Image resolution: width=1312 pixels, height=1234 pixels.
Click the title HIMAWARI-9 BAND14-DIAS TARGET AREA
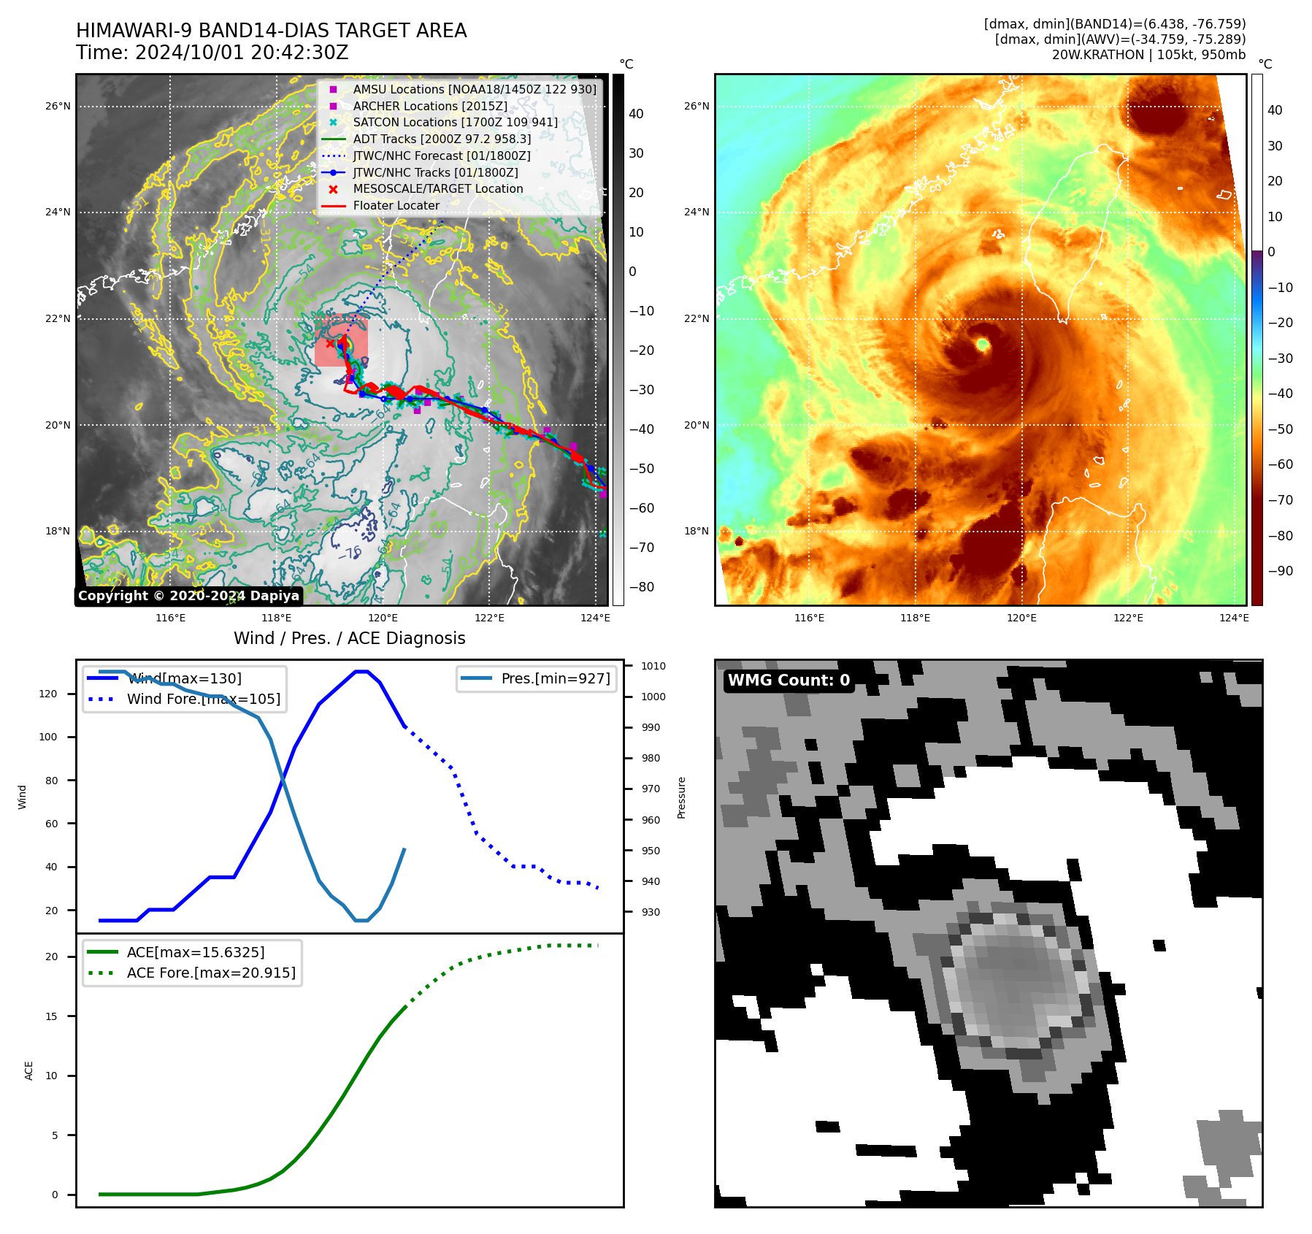(271, 31)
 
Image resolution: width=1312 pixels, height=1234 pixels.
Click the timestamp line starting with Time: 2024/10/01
(212, 53)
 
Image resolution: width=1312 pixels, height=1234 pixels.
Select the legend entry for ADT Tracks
(442, 139)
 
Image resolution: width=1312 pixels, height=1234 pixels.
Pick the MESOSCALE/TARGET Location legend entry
(437, 188)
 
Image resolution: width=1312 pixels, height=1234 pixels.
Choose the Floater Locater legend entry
(396, 205)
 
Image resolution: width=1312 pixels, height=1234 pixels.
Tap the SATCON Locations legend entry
(455, 122)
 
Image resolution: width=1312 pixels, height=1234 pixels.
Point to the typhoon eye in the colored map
(982, 343)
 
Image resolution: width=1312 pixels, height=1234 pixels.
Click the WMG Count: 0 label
(789, 680)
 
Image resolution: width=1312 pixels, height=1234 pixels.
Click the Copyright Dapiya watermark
(188, 595)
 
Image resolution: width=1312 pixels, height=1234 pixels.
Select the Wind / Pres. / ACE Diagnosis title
(349, 638)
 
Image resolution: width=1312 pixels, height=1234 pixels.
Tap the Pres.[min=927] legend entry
(555, 678)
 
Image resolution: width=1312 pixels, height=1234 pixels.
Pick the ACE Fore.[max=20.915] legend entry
(210, 973)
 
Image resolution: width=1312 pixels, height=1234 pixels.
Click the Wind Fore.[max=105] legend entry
(203, 699)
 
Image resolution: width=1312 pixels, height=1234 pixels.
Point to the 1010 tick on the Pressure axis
(653, 666)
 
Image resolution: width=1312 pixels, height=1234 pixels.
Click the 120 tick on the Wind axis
(48, 694)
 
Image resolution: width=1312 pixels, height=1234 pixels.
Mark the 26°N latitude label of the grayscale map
(58, 106)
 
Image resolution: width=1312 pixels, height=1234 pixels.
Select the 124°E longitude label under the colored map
(1234, 618)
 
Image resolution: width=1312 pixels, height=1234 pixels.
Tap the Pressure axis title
(681, 797)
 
